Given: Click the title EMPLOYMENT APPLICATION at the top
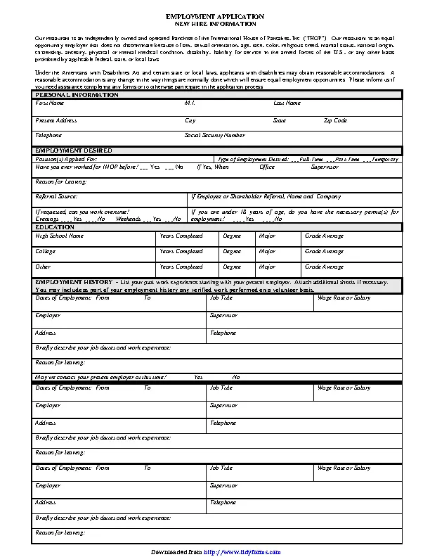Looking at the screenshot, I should (215, 15).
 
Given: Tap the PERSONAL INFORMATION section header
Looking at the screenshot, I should (67, 94).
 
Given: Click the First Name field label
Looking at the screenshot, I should (49, 103).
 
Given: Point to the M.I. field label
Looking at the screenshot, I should (190, 103).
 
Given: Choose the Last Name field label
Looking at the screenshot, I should (287, 103).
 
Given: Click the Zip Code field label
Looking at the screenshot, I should (335, 120).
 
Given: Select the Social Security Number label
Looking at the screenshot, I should (214, 135).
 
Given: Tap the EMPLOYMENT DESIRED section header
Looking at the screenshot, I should (74, 151).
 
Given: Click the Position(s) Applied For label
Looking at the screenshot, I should (61, 160).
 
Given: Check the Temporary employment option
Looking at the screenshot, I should (384, 160).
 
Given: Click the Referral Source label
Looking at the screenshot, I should (56, 196).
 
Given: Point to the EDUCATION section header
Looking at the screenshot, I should (55, 227).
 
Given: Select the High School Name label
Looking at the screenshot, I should (60, 236).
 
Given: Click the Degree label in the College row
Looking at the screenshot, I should (232, 251).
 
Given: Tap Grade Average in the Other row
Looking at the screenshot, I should (324, 267).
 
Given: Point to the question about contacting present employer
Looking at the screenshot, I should (100, 377).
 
